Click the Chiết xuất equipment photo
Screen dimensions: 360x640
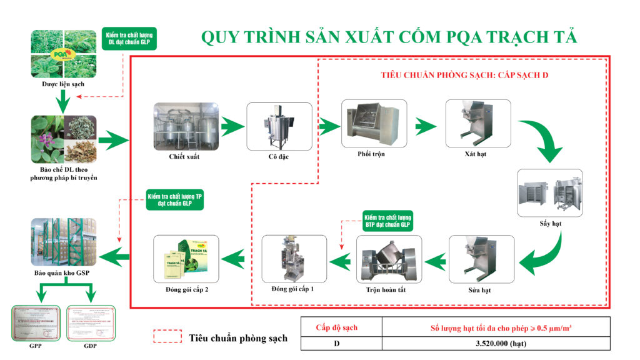186,126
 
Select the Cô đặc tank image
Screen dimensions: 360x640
279,126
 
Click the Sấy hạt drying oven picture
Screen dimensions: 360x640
550,192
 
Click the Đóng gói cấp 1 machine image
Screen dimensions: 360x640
294,259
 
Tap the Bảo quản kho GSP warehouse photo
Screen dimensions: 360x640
63,246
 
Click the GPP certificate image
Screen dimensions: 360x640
36,322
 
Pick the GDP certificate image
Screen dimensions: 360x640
91,322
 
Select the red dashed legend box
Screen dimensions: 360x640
167,337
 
